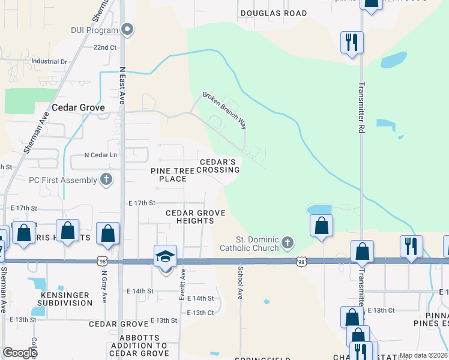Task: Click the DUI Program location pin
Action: coord(127,29)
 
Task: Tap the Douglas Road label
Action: coord(273,13)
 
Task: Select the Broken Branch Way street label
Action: coord(224,110)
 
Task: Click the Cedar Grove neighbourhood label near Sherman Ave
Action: coord(78,107)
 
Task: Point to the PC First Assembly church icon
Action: coord(106,179)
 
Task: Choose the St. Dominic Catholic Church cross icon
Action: coord(288,242)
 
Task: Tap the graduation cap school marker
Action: coord(165,256)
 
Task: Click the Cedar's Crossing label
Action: coord(219,166)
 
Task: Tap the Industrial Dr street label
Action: coord(49,61)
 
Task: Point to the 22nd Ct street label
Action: coord(104,47)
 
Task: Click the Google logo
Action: coord(20,353)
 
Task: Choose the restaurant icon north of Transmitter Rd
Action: coord(351,43)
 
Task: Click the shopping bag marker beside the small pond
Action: coord(322,226)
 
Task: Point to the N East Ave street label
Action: coord(121,86)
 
